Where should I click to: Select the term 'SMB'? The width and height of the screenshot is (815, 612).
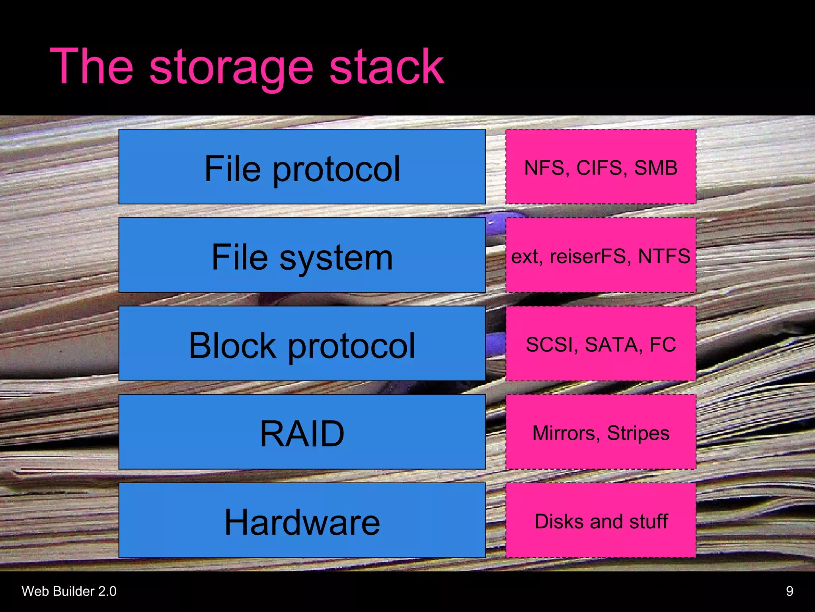pyautogui.click(x=655, y=168)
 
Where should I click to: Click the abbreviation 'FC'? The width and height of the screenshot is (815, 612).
pyautogui.click(x=663, y=345)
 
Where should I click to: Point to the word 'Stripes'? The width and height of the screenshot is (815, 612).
pyautogui.click(x=638, y=433)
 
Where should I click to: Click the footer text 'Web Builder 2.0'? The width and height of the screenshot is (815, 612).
pyautogui.click(x=69, y=591)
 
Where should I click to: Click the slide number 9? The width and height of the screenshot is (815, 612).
pyautogui.click(x=790, y=591)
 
